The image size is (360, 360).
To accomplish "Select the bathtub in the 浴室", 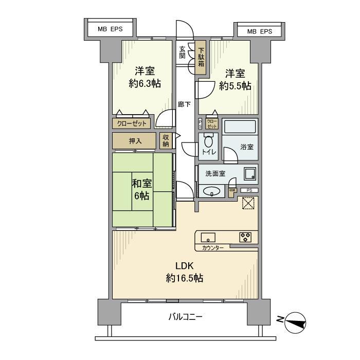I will pos(240,126).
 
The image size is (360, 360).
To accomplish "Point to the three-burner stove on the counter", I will pos(245,237).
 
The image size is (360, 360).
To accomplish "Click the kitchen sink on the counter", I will pos(208,237).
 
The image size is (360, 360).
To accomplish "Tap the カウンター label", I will pos(213,248).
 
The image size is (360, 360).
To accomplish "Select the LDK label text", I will pos(184,266).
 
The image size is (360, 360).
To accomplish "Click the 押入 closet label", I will pos(135,140).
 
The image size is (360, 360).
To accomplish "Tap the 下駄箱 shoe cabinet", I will pos(201,57).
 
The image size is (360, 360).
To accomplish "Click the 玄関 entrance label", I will pos(182,53).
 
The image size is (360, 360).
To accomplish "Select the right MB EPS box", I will pos(260,31).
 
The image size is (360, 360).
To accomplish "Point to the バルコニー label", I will pos(185,317).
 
